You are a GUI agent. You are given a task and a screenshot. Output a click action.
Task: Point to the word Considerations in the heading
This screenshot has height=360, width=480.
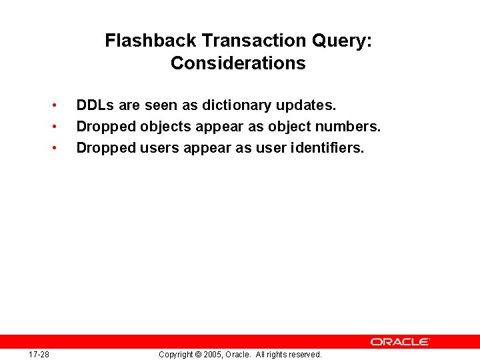(x=238, y=63)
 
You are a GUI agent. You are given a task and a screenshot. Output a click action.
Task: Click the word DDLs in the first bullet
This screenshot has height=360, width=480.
(x=95, y=105)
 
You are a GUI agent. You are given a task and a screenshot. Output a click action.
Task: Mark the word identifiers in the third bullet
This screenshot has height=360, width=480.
(x=327, y=148)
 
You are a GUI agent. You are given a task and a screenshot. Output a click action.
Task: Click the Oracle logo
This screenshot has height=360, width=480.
(x=400, y=341)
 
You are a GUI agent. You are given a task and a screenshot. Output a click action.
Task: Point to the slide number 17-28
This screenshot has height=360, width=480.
(x=39, y=354)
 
